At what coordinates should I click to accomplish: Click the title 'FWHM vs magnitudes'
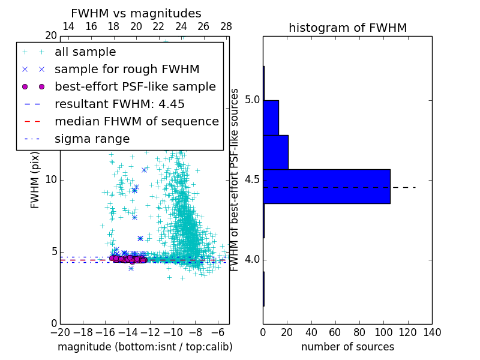click(136, 13)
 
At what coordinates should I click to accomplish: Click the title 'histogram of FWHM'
click(347, 28)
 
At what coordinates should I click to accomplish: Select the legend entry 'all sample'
click(85, 52)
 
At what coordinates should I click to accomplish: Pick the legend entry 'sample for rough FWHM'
click(127, 70)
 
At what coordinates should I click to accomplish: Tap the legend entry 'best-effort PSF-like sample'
click(135, 86)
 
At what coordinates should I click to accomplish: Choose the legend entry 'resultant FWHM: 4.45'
click(119, 104)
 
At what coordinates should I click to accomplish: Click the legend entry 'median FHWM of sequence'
click(136, 121)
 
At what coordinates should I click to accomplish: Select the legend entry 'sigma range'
click(92, 139)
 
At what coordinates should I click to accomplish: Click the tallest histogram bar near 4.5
click(326, 187)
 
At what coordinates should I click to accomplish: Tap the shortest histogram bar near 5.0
click(271, 118)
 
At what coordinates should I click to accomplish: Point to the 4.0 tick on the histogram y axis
click(250, 260)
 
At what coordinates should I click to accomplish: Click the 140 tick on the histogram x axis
click(432, 332)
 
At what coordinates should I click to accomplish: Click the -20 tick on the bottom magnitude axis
click(60, 332)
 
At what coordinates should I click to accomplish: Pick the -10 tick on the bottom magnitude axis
click(173, 332)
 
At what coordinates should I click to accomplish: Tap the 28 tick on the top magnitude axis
click(226, 27)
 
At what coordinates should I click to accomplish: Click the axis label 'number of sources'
click(347, 347)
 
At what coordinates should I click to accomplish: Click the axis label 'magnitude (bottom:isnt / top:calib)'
click(145, 347)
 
